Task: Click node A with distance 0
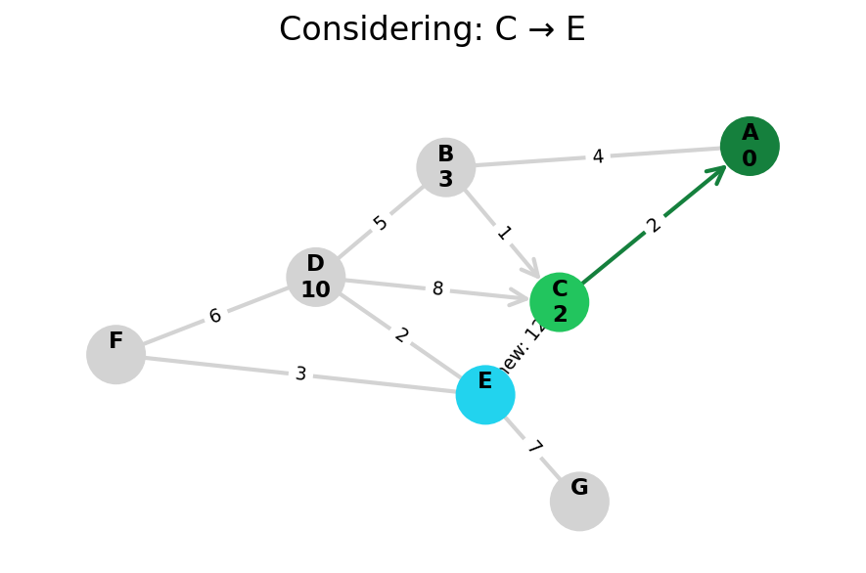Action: tap(750, 147)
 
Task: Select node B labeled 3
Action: tap(446, 167)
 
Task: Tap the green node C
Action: tap(560, 302)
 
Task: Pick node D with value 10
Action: tap(316, 277)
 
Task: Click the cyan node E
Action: tap(485, 395)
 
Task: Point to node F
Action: tap(116, 354)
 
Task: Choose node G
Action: tap(579, 502)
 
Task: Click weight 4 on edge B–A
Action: tap(598, 156)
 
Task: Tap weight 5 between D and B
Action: tap(381, 223)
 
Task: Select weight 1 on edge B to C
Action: tap(504, 233)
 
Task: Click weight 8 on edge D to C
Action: tap(437, 289)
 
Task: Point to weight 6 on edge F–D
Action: tap(215, 316)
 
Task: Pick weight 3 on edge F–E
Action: tap(300, 375)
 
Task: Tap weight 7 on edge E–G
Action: tap(534, 448)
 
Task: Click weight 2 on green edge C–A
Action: tap(654, 225)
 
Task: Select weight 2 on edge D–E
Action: tap(401, 335)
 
